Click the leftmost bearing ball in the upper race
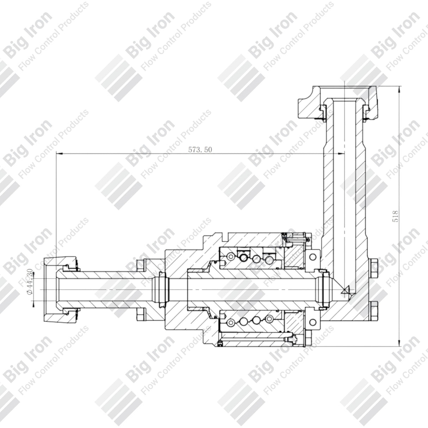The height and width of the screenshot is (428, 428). click(230, 257)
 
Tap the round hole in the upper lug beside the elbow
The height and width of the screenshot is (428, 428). click(312, 256)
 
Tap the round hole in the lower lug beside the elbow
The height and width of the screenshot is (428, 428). click(312, 322)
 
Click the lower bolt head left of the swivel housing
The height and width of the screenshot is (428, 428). click(141, 314)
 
